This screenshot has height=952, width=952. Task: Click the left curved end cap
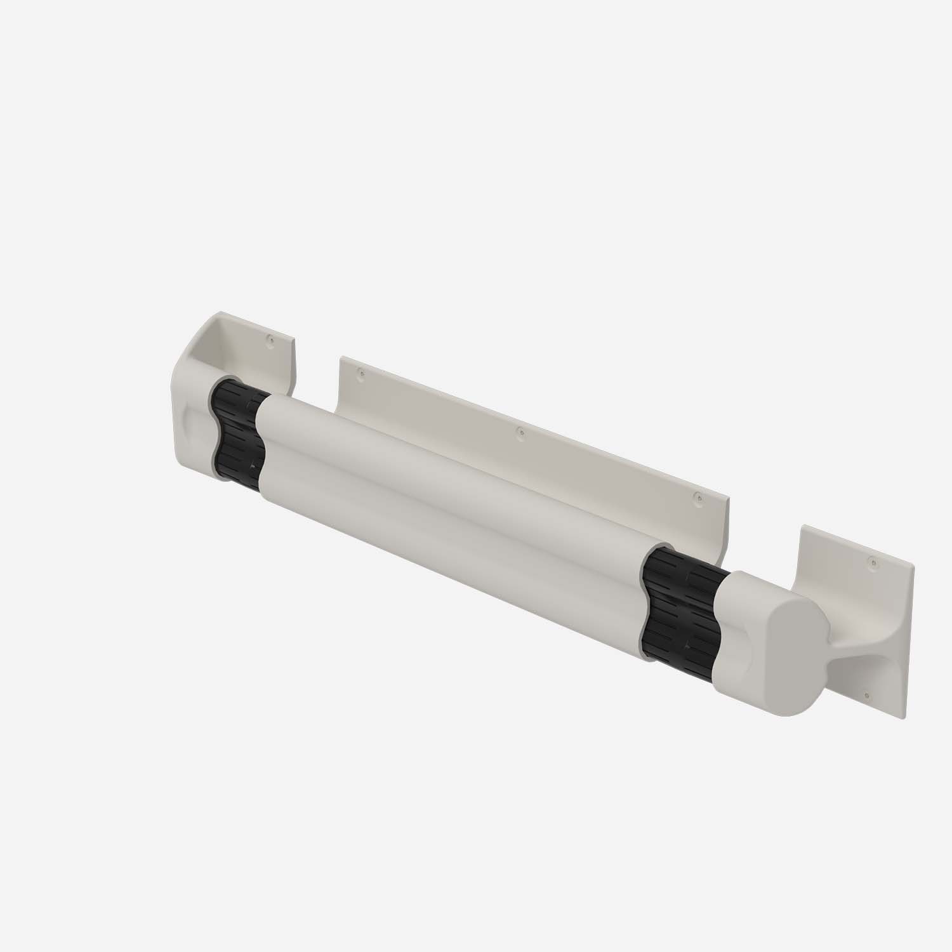pos(190,413)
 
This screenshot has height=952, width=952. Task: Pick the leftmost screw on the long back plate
pos(361,374)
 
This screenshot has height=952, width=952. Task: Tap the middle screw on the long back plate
pos(520,433)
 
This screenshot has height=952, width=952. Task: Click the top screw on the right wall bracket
pos(874,561)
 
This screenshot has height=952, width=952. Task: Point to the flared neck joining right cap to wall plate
pos(838,647)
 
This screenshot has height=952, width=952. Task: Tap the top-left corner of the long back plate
pos(342,359)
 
